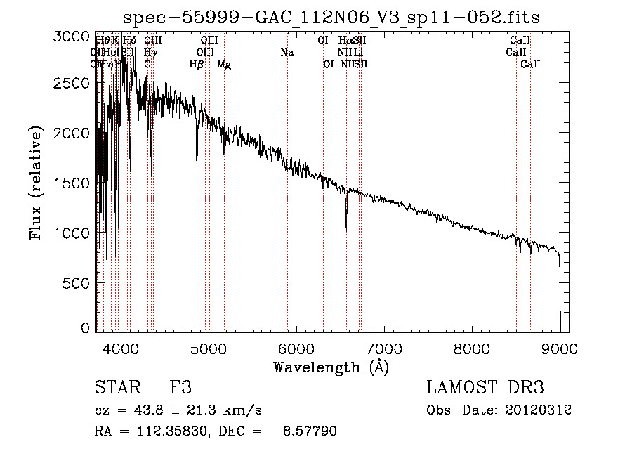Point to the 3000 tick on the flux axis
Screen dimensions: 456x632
[x=72, y=37]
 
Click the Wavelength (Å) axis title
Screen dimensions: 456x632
[x=331, y=367]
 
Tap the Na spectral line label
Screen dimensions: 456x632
[x=287, y=53]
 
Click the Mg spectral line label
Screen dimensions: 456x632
[x=224, y=65]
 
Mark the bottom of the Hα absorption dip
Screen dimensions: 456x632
[x=346, y=228]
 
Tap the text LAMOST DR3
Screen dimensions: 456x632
[x=485, y=388]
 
